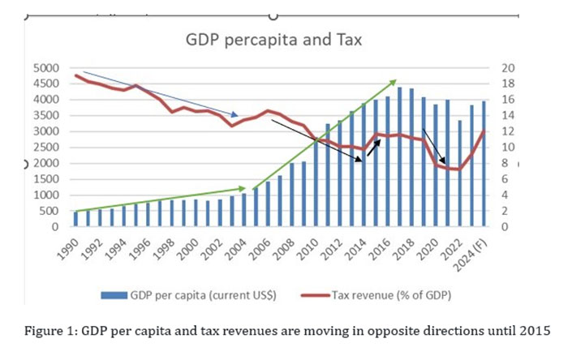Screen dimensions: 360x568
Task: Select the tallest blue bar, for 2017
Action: (x=399, y=156)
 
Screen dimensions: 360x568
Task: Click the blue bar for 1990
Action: (x=75, y=220)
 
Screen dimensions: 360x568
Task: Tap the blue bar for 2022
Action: (x=459, y=174)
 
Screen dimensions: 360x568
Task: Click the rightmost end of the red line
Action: (x=484, y=132)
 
